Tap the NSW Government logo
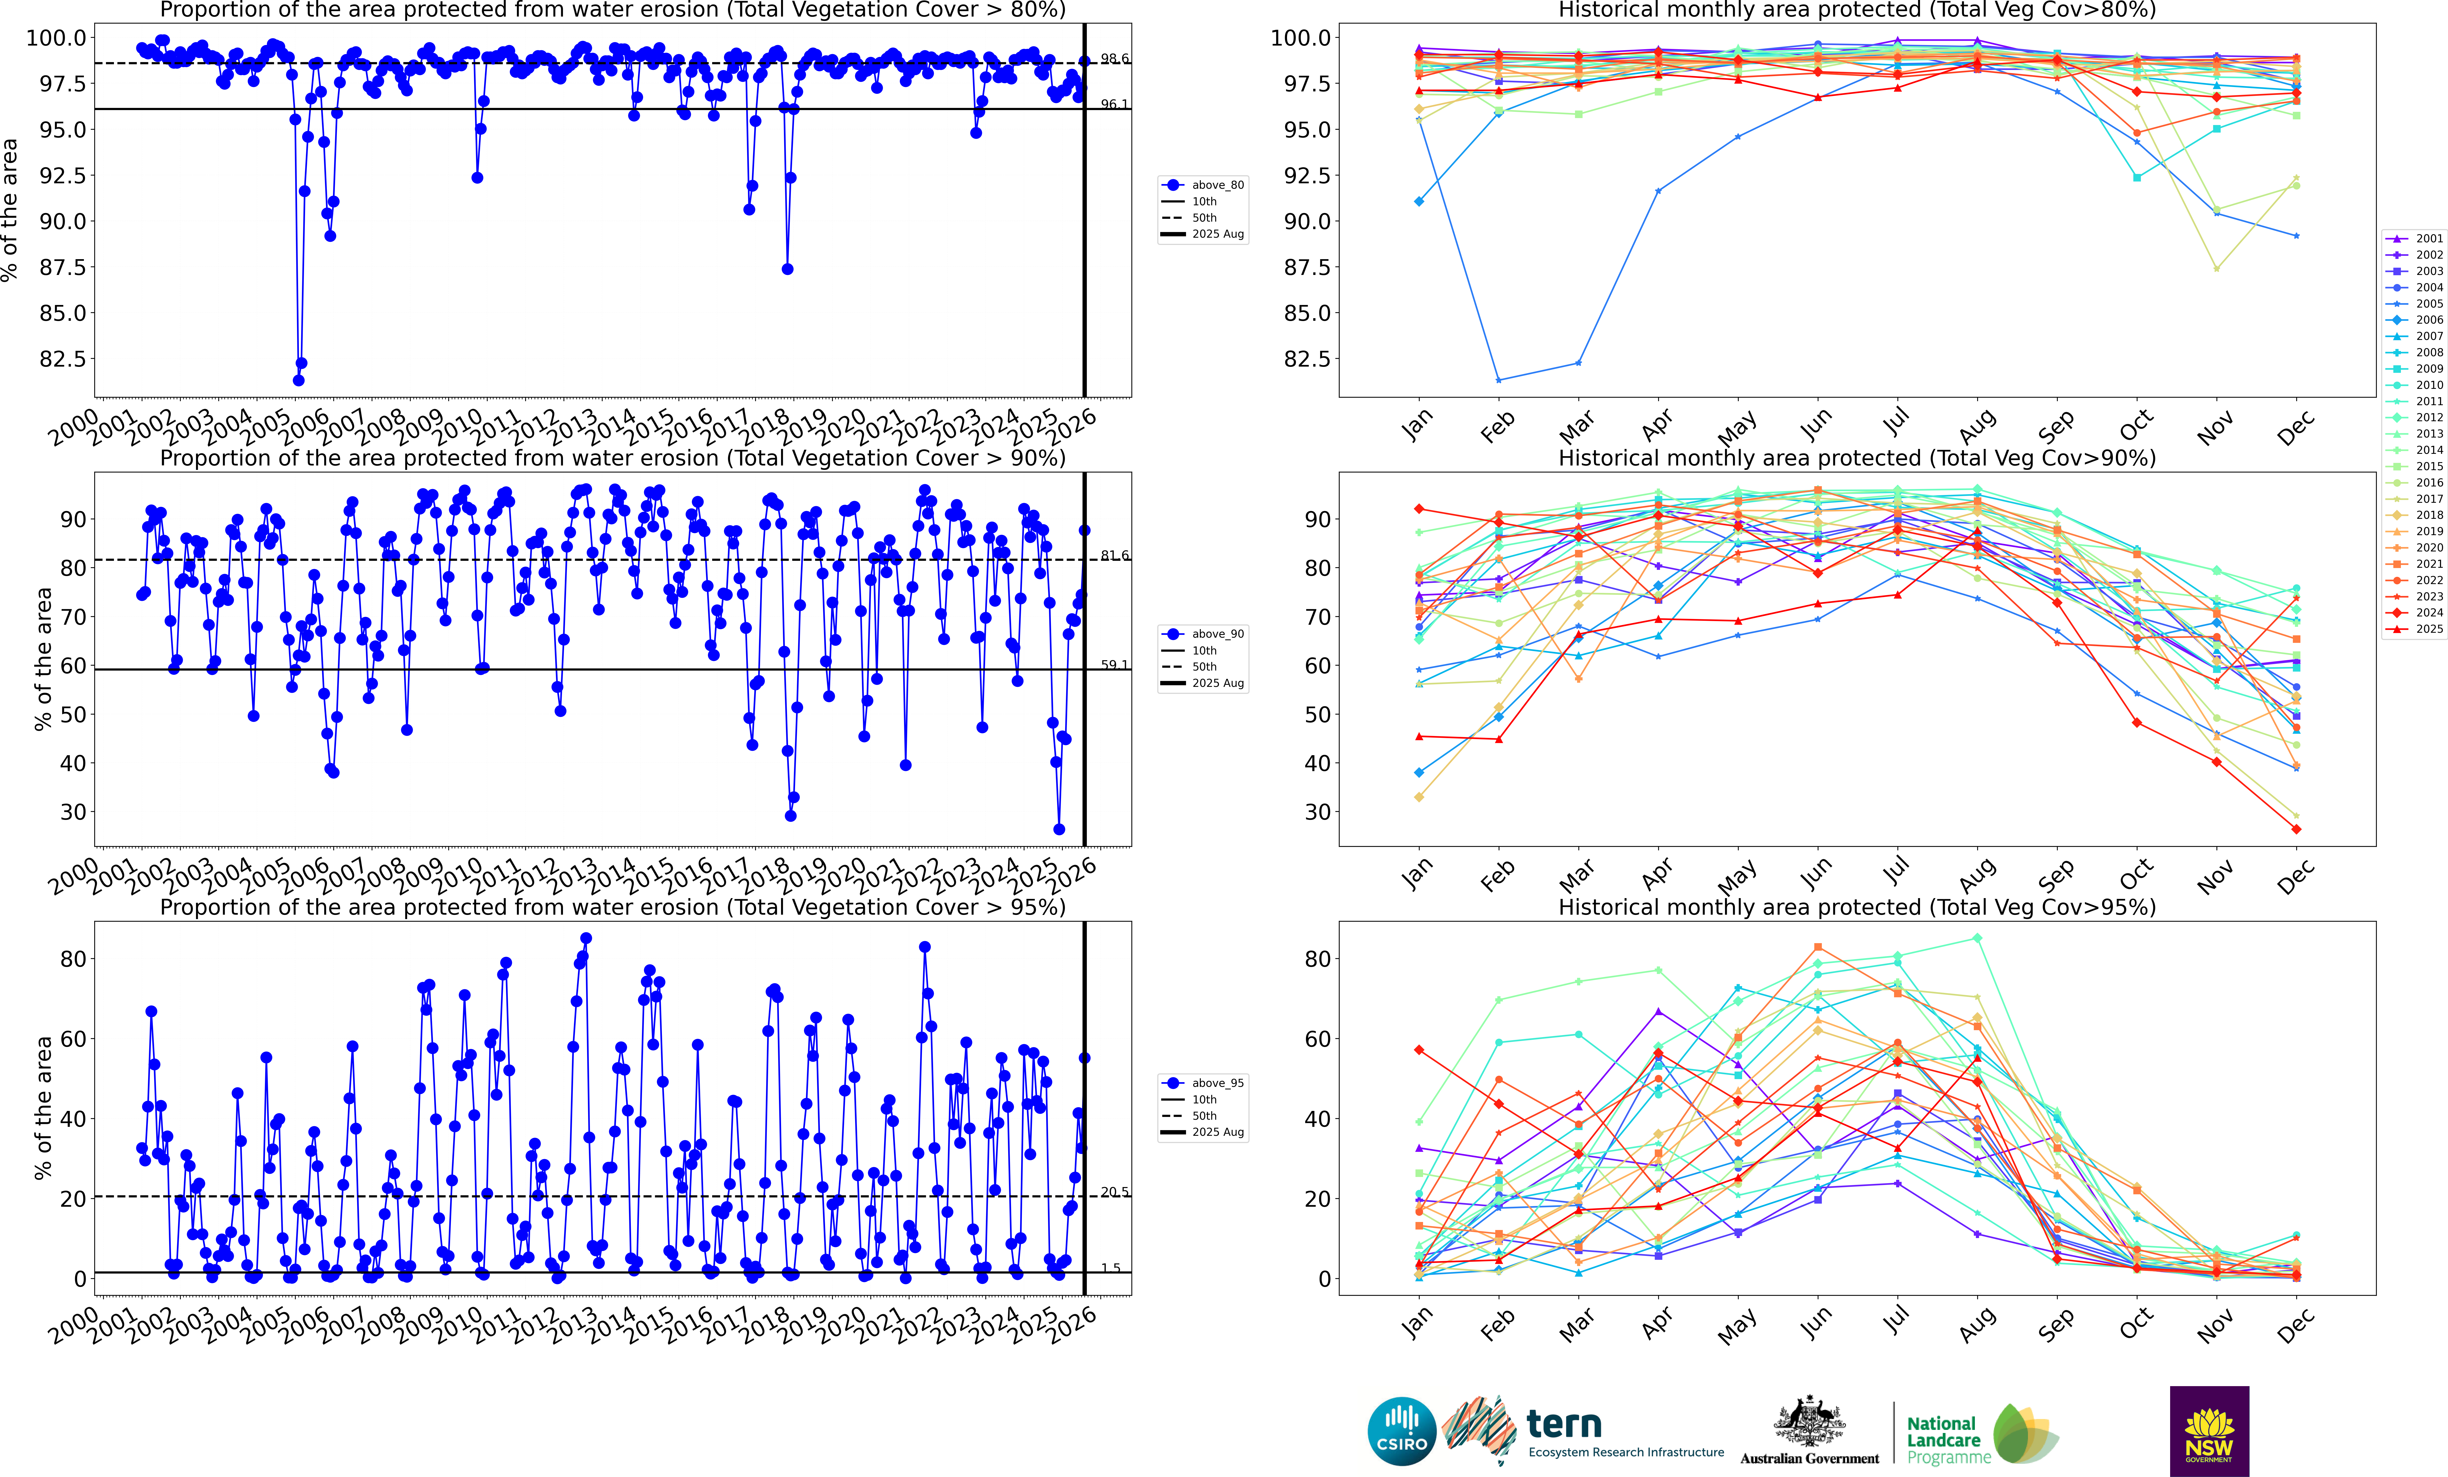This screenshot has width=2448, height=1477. pyautogui.click(x=2208, y=1430)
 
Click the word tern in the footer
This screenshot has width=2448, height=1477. pyautogui.click(x=1564, y=1424)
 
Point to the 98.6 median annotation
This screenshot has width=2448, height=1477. pyautogui.click(x=1114, y=59)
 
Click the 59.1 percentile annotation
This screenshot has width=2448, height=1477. pyautogui.click(x=1114, y=665)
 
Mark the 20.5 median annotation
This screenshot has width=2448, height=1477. pyautogui.click(x=1114, y=1192)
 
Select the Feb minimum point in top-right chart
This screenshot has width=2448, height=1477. pyautogui.click(x=1498, y=380)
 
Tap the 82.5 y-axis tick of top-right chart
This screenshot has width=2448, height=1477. pyautogui.click(x=1306, y=359)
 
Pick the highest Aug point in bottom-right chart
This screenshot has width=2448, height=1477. pyautogui.click(x=1977, y=938)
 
